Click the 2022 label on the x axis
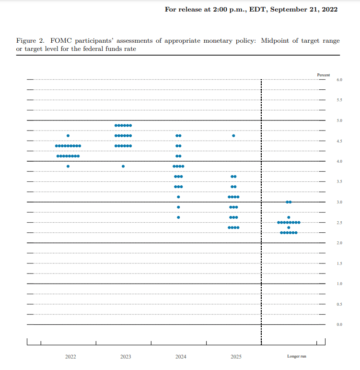(70, 357)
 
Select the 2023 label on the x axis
(126, 357)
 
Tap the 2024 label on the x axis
(181, 357)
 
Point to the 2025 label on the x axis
(236, 357)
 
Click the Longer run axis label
(297, 357)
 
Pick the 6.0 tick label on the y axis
(339, 80)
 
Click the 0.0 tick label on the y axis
(339, 325)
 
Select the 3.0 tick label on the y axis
(339, 203)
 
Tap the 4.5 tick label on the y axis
(339, 141)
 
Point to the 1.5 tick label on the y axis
(339, 263)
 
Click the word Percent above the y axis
(324, 75)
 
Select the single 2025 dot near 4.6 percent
(233, 136)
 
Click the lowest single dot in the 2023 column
(123, 166)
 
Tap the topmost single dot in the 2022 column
(68, 136)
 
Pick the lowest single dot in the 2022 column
(68, 166)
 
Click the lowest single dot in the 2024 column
(178, 217)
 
